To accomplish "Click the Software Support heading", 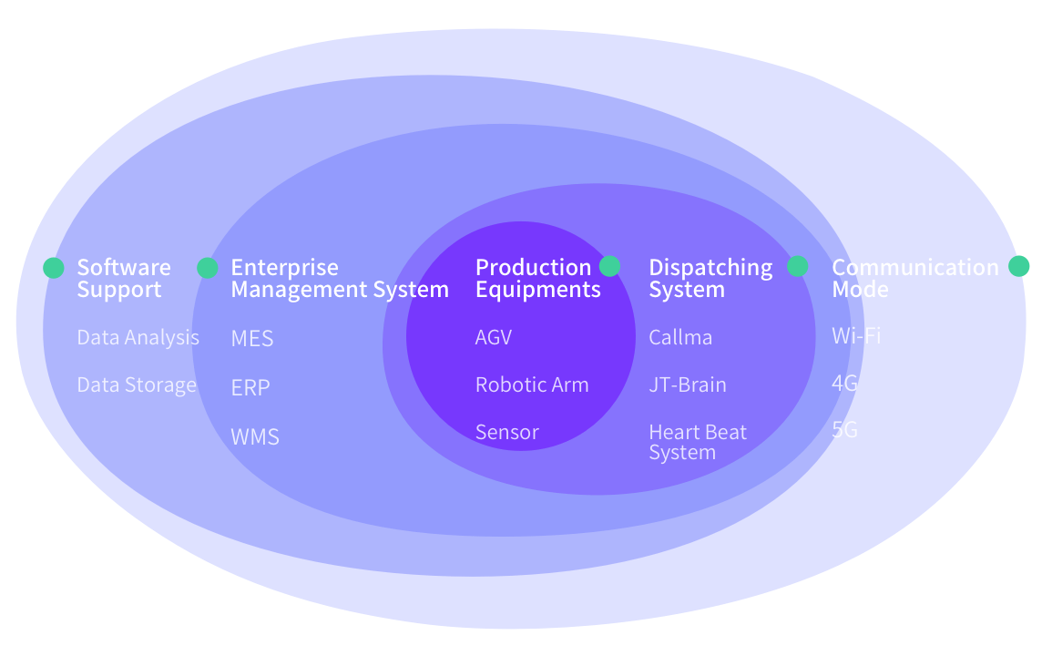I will coord(123,278).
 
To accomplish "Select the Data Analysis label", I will coord(138,337).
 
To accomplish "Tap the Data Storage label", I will coord(137,384).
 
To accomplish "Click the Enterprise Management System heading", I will coord(339,278).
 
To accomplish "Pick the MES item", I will coord(252,339).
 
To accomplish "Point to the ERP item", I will coord(250,387).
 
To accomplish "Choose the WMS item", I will coord(255,436).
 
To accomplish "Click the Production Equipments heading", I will coord(537,278).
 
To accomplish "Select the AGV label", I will coord(494,337).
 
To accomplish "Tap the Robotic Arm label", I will coord(532,384).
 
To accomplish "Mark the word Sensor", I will coord(507,432).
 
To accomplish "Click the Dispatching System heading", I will coord(710,278).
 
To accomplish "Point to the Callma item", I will coord(680,337).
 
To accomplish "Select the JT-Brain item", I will coord(688,384).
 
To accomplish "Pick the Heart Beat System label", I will coord(698,442).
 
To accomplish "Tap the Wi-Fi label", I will coord(856,335).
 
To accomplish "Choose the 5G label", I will coord(845,429).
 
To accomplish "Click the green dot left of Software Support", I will coord(54,268).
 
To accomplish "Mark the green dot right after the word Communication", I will coord(1019,266).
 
